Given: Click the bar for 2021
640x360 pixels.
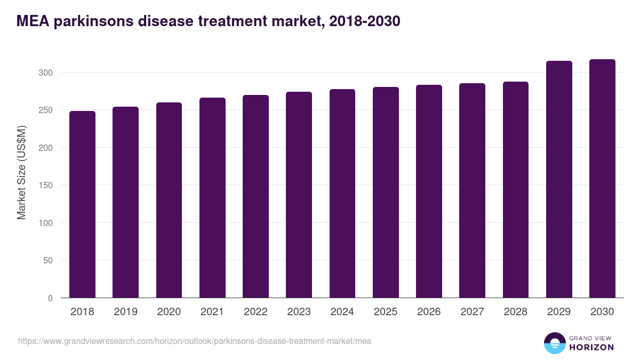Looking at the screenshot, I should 212,198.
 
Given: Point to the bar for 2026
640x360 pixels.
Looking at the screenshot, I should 429,191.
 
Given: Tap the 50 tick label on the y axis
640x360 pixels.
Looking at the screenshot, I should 48,261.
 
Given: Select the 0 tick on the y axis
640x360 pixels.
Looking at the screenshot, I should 50,298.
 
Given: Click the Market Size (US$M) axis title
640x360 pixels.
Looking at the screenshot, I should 21,172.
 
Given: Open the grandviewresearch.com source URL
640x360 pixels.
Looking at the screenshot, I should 194,341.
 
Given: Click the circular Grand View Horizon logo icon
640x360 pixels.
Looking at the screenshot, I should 554,343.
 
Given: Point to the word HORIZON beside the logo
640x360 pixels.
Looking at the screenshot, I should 591,347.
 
